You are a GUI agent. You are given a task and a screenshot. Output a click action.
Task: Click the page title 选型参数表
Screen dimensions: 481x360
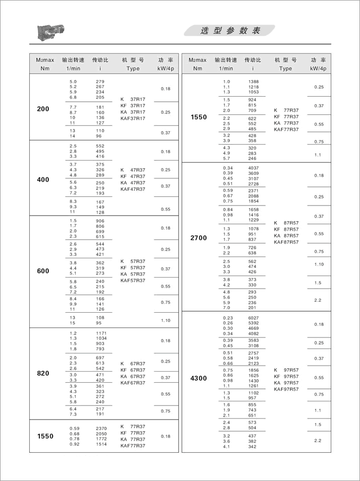230,31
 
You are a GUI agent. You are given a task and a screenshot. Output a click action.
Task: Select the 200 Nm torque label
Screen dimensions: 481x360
43,109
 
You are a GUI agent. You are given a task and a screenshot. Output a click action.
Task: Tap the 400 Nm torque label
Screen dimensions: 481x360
43,179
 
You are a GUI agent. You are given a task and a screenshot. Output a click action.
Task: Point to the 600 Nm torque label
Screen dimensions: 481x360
43,271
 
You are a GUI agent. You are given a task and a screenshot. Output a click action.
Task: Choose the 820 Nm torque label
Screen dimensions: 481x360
43,373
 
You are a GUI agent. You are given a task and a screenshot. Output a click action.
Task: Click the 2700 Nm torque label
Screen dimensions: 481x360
198,238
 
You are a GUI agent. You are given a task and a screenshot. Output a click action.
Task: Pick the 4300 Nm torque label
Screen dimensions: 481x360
198,378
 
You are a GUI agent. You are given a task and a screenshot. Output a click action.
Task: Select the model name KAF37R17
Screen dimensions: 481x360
133,118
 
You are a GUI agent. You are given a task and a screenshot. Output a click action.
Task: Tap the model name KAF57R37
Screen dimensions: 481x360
133,280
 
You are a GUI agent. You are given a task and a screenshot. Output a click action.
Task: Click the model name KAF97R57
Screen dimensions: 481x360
285,389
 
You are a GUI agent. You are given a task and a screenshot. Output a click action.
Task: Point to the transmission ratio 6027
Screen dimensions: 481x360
253,318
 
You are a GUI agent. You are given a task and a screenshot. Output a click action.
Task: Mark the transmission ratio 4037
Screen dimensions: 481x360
253,168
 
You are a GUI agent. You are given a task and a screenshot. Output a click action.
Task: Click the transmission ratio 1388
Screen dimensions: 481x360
253,82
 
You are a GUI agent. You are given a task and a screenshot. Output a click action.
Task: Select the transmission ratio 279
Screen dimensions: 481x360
100,82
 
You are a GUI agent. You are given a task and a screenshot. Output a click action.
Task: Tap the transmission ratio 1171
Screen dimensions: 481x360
102,333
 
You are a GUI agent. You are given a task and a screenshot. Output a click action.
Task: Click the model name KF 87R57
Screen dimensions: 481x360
285,229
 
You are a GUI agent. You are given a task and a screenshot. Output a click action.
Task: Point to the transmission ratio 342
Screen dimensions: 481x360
252,447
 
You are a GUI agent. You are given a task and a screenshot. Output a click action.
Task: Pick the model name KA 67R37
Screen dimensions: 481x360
133,376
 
